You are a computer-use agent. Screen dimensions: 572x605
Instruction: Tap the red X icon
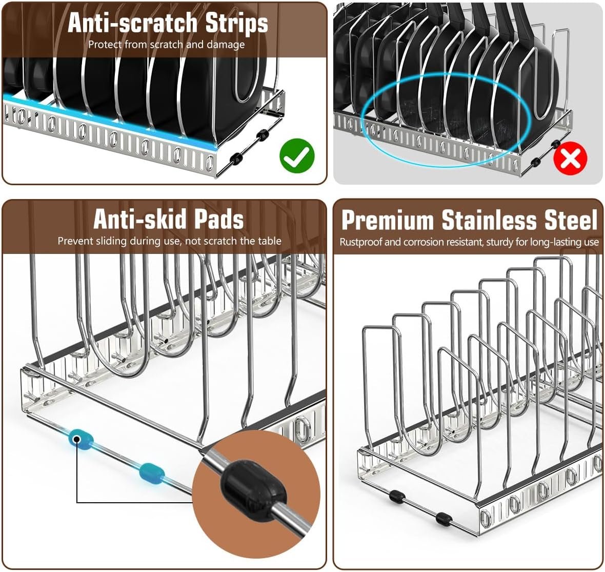[570, 159]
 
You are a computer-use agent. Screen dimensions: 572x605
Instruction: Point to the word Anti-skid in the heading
[138, 220]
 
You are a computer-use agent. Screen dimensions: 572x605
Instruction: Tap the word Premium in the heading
[388, 221]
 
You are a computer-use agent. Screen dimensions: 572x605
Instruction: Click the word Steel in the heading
[569, 221]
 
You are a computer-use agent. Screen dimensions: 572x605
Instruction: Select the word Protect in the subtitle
[105, 45]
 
